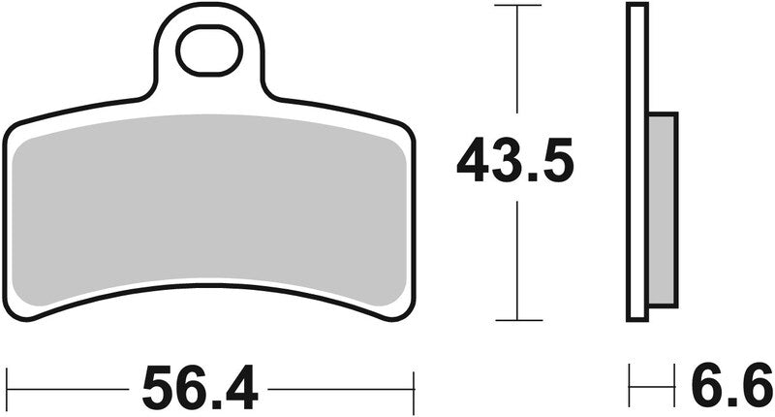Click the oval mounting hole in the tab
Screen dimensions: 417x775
pyautogui.click(x=210, y=52)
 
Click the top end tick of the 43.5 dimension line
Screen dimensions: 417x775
pyautogui.click(x=516, y=6)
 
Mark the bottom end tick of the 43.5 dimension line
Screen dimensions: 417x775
pyautogui.click(x=516, y=320)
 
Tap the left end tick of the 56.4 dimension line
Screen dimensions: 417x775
pyautogui.click(x=8, y=389)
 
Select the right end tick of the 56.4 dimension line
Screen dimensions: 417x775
pyautogui.click(x=414, y=389)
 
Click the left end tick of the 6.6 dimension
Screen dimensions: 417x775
pyautogui.click(x=630, y=389)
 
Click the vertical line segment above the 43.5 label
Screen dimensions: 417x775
pyautogui.click(x=516, y=68)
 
